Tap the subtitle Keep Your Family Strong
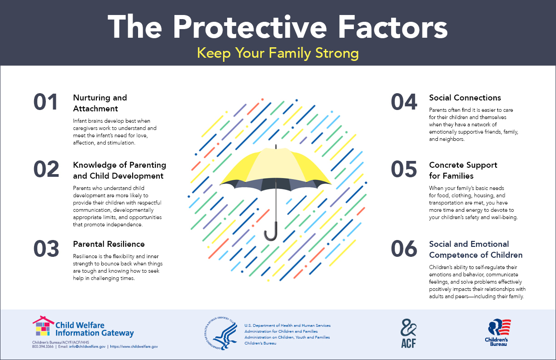pos(278,53)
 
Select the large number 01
pos(46,102)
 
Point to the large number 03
pos(46,249)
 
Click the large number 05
pos(404,169)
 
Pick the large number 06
pos(404,249)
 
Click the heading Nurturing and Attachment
pos(100,103)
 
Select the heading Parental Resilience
pos(109,244)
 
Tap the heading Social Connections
pos(465,98)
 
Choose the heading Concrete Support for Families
pos(463,170)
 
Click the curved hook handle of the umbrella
pos(271,232)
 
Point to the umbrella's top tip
pos(276,145)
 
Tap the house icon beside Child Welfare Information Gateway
pos(43,326)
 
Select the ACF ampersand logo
pos(408,333)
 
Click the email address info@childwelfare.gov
pos(87,346)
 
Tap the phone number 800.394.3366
pos(43,346)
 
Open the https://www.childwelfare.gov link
pos(134,346)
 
